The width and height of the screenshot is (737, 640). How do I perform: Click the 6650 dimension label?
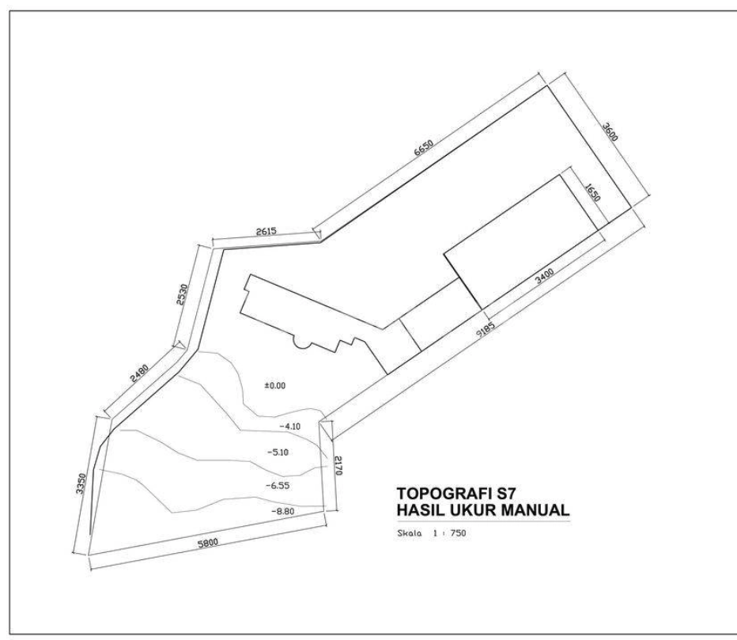coord(424,148)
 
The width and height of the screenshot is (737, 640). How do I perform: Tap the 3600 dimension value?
coord(610,131)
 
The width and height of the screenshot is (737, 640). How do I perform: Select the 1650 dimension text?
coord(593,192)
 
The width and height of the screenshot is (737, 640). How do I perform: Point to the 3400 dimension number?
coord(545,277)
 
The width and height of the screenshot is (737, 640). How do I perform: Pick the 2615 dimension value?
coord(266,232)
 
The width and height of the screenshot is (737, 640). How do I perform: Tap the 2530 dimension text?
coord(183,294)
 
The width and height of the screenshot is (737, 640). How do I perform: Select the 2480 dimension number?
coord(139,373)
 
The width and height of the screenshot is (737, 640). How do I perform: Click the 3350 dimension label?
coord(81,483)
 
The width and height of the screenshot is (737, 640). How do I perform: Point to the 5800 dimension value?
coord(208,543)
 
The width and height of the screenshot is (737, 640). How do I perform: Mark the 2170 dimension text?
coord(338,465)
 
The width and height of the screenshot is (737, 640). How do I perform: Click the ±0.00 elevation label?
coord(275,385)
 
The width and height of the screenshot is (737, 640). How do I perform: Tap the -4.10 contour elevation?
coord(289,426)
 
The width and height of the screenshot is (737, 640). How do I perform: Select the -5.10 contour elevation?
coord(278,453)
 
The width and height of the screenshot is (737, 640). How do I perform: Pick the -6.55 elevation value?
coord(278,486)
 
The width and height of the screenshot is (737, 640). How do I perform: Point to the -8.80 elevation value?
coord(282,511)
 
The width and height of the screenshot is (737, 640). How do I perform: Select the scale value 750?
coord(458,533)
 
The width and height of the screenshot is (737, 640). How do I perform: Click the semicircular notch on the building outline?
coord(303,343)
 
